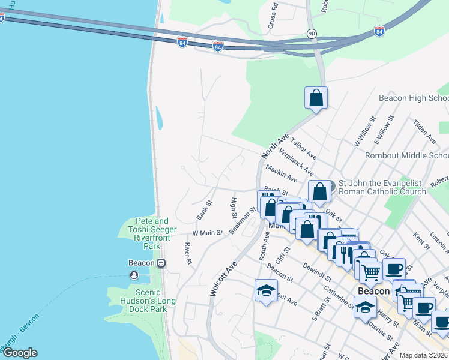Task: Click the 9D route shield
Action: pos(311,34)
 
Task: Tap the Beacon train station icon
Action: pos(161,263)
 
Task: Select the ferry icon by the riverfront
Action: pos(133,275)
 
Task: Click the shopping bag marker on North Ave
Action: pos(316,98)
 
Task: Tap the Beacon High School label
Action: pos(414,98)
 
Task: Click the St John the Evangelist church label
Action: pos(382,187)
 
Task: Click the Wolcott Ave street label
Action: pos(221,277)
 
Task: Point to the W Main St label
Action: pos(208,232)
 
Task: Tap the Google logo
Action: pos(19,353)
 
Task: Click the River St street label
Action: pos(188,254)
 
